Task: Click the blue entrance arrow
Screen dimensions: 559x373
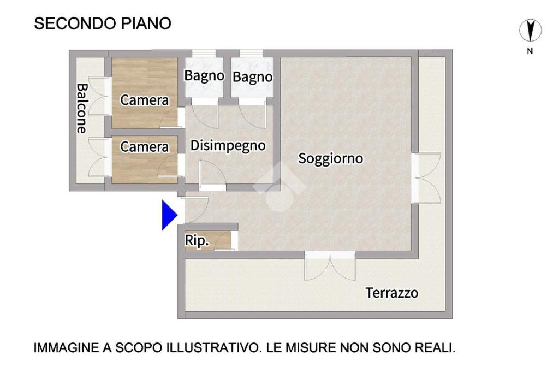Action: (x=169, y=215)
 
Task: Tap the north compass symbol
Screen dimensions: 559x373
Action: (x=530, y=31)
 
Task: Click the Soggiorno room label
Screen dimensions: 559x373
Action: (x=330, y=159)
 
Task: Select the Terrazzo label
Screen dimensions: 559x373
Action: (x=392, y=293)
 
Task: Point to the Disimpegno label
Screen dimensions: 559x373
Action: (x=228, y=146)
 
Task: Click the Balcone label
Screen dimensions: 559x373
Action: (x=82, y=109)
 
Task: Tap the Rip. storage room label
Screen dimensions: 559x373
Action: (x=197, y=240)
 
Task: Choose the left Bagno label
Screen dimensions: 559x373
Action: (x=204, y=76)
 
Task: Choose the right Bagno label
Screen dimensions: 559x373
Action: (x=252, y=77)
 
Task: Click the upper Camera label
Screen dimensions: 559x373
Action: (x=144, y=100)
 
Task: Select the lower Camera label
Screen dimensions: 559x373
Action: (x=144, y=146)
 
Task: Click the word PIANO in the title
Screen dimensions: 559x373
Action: (x=146, y=23)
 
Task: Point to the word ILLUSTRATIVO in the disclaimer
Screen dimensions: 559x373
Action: (x=212, y=348)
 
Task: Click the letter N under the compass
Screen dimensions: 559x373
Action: (x=530, y=51)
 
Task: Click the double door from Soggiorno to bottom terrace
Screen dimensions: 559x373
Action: (x=330, y=265)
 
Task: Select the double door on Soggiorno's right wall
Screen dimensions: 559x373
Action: (x=426, y=178)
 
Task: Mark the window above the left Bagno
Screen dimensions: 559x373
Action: (x=204, y=53)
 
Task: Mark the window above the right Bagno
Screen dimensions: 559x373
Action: (x=251, y=53)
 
